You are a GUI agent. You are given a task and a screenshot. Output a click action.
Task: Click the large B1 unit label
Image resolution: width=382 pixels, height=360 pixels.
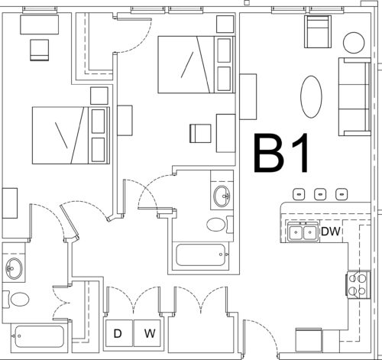tap(281, 153)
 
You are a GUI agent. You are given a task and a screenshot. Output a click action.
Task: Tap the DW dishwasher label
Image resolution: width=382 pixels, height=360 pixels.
tap(331, 232)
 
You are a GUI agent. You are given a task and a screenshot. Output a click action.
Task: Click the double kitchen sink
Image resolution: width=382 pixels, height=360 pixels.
tap(303, 232)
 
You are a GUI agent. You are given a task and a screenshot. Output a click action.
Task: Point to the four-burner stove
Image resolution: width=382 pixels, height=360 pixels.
tap(358, 284)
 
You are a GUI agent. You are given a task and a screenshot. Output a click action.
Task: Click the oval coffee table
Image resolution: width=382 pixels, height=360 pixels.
tap(311, 96)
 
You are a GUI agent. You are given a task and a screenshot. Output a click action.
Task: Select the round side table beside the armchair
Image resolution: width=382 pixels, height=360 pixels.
tap(354, 43)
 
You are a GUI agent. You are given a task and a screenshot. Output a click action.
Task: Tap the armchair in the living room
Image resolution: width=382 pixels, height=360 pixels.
tap(318, 31)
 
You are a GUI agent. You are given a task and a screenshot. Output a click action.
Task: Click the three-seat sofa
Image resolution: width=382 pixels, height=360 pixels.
tap(354, 97)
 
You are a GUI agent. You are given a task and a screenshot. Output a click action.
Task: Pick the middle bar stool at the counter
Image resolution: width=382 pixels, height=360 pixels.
tap(320, 194)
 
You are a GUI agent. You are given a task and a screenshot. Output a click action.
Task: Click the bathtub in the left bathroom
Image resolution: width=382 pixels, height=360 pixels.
tap(39, 336)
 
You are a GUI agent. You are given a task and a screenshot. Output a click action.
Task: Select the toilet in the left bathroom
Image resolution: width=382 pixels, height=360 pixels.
tap(17, 299)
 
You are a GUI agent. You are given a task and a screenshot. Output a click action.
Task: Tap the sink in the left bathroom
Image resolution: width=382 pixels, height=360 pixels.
tap(14, 268)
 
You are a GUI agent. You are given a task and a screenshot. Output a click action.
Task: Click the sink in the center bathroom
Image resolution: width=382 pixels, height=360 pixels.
tap(222, 196)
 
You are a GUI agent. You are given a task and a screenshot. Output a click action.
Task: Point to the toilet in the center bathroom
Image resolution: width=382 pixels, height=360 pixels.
tap(219, 225)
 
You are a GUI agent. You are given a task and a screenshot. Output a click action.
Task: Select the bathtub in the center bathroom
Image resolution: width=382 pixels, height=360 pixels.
tap(201, 255)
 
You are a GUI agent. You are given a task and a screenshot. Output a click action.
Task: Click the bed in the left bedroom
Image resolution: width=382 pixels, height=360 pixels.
tap(71, 135)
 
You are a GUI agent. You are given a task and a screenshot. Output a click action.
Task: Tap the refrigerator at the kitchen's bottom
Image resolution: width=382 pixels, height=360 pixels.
tap(309, 339)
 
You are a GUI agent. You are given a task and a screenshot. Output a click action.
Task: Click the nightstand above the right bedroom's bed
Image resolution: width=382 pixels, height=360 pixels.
tap(225, 24)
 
